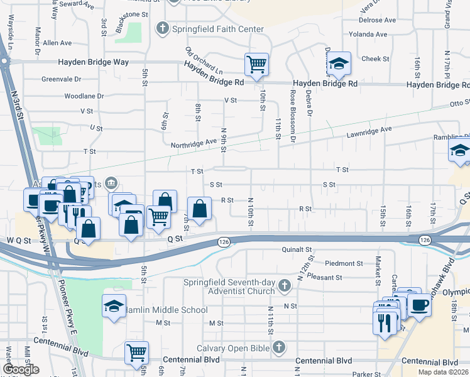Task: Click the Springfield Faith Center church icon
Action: coord(163,28)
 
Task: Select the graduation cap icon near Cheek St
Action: coord(338,63)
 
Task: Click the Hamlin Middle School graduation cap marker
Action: coord(114,306)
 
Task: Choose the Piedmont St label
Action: coord(344,263)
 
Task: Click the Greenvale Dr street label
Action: coord(62,79)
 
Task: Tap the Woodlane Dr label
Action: coord(84,96)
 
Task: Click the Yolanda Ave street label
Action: coord(376,34)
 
